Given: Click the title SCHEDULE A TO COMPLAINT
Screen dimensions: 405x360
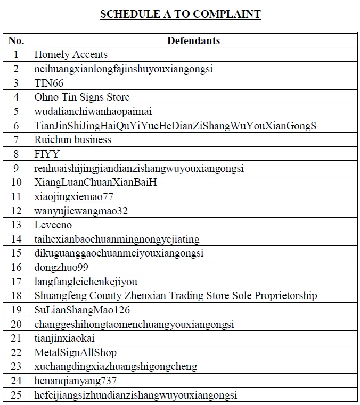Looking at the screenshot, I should [x=180, y=14].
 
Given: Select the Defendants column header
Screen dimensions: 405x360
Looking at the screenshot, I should [x=193, y=40].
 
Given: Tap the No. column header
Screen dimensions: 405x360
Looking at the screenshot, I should [x=16, y=40].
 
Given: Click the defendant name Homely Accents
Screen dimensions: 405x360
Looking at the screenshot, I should [x=71, y=54].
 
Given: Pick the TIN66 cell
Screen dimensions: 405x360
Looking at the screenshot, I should [x=48, y=83].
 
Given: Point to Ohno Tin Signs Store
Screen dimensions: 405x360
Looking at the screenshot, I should [x=81, y=97].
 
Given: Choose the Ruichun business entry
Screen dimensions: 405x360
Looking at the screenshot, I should [x=72, y=139].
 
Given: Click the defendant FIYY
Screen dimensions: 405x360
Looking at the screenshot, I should [x=47, y=154].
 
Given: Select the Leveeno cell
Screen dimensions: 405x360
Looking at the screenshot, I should [x=54, y=225].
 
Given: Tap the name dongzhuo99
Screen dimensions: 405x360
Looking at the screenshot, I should [x=61, y=268].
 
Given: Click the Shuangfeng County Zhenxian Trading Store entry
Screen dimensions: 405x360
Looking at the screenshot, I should [x=175, y=296].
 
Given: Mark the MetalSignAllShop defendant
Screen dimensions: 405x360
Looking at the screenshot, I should [x=75, y=352].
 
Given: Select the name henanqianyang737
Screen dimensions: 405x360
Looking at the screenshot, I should [x=75, y=381].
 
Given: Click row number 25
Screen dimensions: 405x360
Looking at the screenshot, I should [x=16, y=395].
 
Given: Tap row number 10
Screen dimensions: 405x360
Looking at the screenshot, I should [x=16, y=183].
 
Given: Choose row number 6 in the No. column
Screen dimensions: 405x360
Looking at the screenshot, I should [x=16, y=126].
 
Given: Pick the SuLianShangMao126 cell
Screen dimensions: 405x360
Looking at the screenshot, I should [x=82, y=310].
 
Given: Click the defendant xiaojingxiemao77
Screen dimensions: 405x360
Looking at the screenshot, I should [x=73, y=196].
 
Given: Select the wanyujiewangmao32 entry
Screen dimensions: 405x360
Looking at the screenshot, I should [x=81, y=211].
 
